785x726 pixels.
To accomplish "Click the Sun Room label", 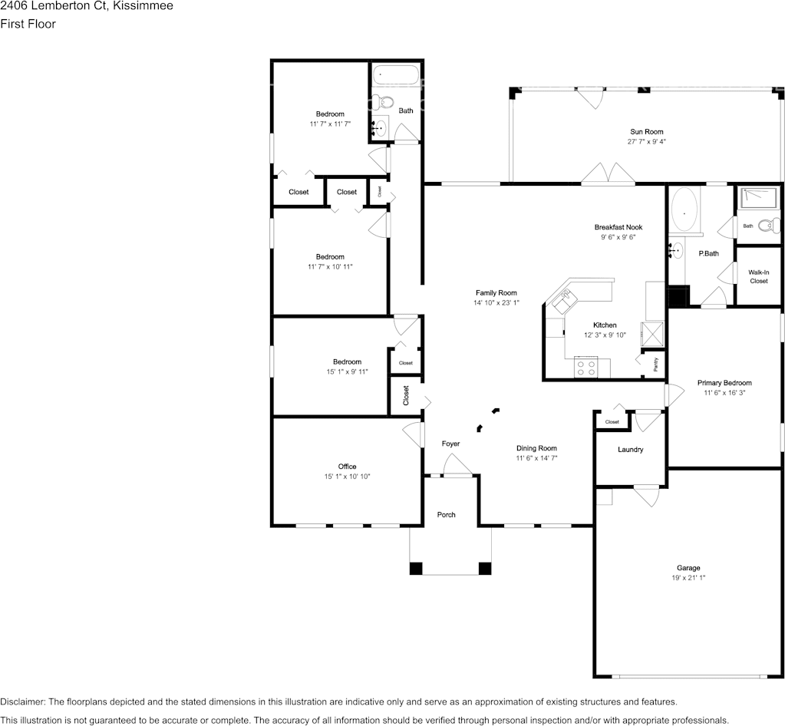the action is [646, 132].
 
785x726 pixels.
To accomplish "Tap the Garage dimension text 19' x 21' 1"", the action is [688, 578].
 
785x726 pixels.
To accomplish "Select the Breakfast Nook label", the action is [618, 227].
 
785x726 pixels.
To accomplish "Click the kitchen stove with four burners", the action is [586, 368].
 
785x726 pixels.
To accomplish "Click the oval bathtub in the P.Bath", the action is [684, 211].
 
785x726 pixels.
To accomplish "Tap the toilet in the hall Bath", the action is [384, 102].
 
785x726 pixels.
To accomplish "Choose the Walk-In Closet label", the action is [758, 276].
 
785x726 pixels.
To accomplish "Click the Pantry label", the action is [656, 364].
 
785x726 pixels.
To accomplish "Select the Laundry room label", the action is [630, 450].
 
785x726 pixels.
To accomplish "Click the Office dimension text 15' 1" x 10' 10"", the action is [347, 477].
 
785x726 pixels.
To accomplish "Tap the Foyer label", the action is [450, 444].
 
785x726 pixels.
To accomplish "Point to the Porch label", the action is [446, 515].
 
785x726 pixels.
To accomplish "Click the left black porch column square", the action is [416, 569].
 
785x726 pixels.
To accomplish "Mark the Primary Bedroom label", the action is [724, 383].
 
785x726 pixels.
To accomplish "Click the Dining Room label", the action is [536, 448].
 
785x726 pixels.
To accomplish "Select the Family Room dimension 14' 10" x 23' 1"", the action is [496, 303].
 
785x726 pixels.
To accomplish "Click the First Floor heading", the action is [28, 24].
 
